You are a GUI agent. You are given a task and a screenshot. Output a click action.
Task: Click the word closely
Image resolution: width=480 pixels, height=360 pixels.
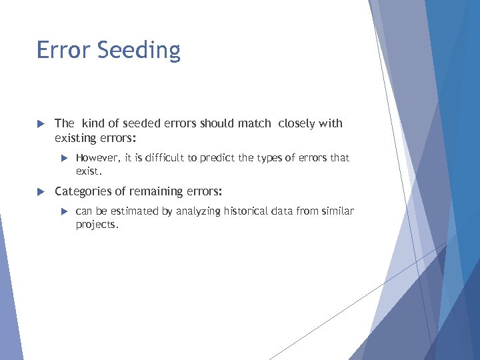[x=297, y=124]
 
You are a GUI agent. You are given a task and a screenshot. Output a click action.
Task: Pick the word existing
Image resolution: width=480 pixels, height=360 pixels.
[x=76, y=138]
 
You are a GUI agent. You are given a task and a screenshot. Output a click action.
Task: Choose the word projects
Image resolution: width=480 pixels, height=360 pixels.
[x=96, y=225]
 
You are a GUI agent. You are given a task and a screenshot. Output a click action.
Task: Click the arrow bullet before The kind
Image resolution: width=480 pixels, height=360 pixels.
[x=40, y=124]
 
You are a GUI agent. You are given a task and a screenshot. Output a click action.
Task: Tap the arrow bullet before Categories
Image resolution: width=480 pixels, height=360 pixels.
[x=40, y=192]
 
